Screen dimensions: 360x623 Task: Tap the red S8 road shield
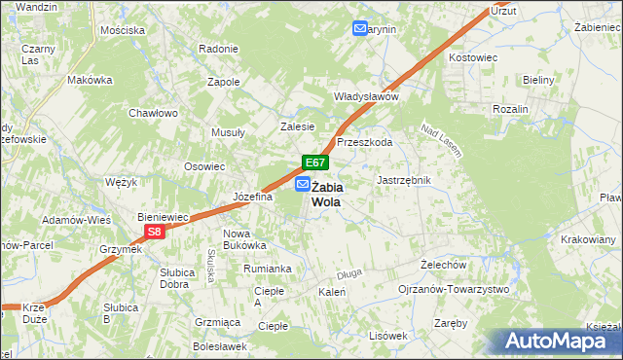[154, 232]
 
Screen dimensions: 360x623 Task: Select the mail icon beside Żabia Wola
[303, 184]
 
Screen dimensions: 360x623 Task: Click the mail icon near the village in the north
[360, 29]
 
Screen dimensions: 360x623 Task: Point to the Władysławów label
[366, 97]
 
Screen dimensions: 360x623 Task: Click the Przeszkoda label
[364, 142]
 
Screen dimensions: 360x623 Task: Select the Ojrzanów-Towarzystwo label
[454, 290]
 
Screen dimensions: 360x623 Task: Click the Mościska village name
[122, 30]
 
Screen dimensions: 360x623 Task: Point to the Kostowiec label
[472, 58]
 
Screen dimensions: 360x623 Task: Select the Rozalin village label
[510, 109]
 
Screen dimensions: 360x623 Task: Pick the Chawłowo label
[153, 113]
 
